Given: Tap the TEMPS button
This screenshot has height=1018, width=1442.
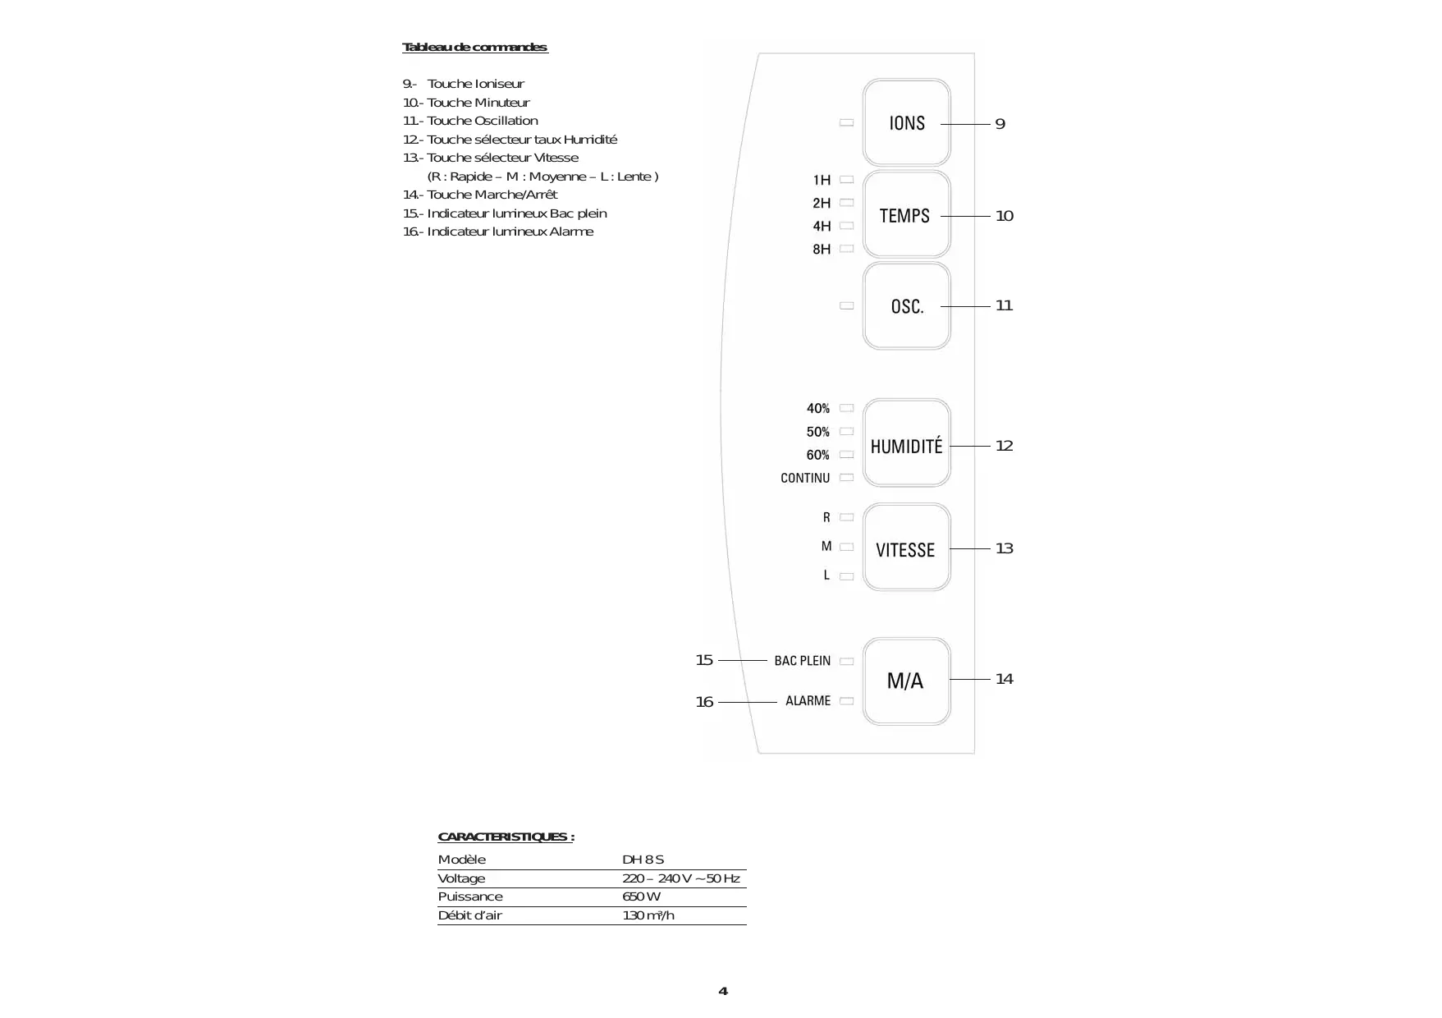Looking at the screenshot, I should [x=906, y=215].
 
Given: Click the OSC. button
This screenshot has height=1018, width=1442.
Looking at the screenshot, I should [x=906, y=306].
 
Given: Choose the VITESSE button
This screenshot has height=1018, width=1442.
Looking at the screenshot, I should [x=906, y=548].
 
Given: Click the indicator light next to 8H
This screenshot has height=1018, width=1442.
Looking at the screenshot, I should [x=847, y=249].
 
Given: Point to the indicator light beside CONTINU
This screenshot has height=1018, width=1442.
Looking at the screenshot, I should [x=847, y=478].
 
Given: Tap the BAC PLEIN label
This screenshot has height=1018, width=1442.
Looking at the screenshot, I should [x=802, y=661].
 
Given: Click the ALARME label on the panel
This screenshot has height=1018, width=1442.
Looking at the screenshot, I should [x=808, y=701].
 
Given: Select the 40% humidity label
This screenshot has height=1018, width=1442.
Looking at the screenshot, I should [x=817, y=408].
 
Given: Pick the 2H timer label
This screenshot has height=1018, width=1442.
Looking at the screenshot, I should [x=822, y=203].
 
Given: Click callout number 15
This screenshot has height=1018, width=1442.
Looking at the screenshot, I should [x=704, y=660].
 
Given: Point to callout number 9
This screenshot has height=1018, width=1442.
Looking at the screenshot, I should [x=1000, y=124].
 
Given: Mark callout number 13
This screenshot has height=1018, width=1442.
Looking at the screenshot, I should [x=1004, y=548].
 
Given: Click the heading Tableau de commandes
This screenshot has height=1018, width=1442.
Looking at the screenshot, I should [x=474, y=48].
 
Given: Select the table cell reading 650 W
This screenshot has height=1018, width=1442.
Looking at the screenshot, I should [x=641, y=896].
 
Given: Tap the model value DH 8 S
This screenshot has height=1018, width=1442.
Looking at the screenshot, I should [x=643, y=860].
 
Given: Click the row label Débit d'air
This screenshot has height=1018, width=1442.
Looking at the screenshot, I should [x=469, y=915].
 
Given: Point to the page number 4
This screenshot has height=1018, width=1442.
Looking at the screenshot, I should [x=722, y=991].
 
